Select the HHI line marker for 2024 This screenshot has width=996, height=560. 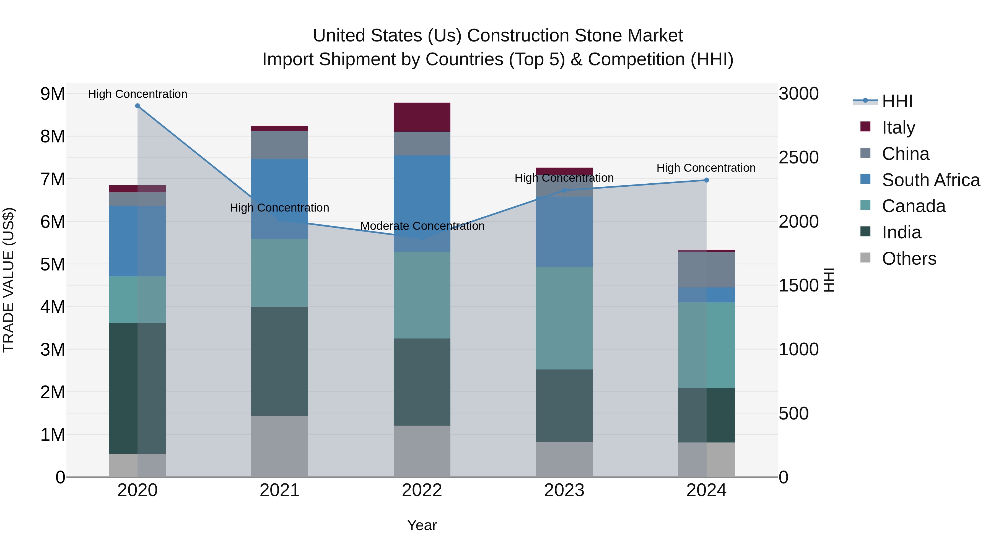coord(706,180)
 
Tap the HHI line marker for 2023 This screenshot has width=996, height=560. coord(564,190)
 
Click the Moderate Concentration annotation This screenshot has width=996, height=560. coord(422,226)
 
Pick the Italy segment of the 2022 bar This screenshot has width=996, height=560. coord(422,117)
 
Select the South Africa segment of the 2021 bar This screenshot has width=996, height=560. coord(279,199)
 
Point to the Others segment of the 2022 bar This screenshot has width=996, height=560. coord(422,451)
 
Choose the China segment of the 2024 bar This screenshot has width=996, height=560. coord(706,269)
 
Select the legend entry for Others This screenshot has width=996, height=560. coord(909,259)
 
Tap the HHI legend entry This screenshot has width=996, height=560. coord(897,101)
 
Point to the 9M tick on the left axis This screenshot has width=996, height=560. coord(53,94)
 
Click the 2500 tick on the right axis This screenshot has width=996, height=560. coord(798,158)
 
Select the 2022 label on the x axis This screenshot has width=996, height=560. coord(422,490)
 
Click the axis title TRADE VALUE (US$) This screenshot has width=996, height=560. coord(9,280)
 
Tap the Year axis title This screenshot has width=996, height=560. coord(422,525)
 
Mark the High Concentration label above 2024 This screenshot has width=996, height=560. coord(706,168)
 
